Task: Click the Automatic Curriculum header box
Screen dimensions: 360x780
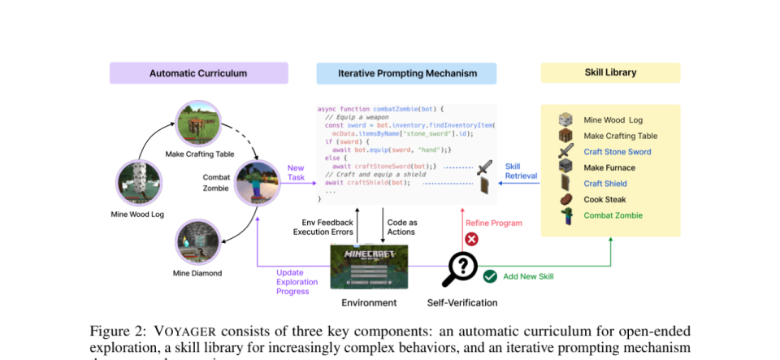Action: coord(198,73)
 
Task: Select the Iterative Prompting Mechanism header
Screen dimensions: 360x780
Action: coord(408,73)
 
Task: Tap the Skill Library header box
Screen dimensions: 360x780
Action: coord(610,73)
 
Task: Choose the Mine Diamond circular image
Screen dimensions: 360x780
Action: coord(198,241)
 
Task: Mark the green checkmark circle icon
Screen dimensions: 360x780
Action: coord(490,276)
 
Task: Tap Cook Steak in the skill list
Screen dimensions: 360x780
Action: coord(605,199)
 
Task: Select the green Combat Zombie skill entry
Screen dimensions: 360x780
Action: coord(613,215)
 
